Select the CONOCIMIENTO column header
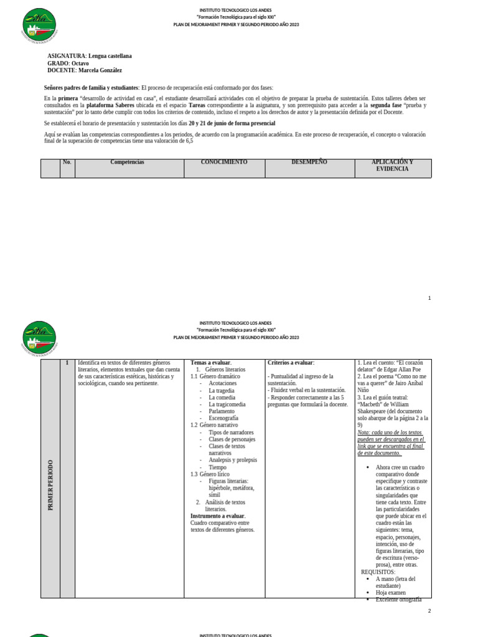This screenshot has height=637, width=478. click(x=224, y=162)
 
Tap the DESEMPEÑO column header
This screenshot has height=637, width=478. click(x=309, y=162)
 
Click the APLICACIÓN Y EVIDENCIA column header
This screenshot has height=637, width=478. click(x=392, y=165)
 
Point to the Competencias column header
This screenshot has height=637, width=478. click(x=127, y=162)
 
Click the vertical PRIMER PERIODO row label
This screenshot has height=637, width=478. click(x=50, y=485)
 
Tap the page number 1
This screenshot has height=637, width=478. click(x=429, y=298)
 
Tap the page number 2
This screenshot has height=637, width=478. click(x=429, y=611)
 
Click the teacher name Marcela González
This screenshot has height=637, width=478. click(x=100, y=71)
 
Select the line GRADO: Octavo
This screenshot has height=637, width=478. click(x=68, y=63)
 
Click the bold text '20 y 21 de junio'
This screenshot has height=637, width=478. click(x=209, y=124)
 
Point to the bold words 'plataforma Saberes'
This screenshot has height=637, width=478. click(x=109, y=106)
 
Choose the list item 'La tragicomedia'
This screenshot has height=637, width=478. click(x=227, y=404)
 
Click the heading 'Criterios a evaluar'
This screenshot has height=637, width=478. click(x=291, y=363)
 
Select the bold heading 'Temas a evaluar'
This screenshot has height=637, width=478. click(x=210, y=363)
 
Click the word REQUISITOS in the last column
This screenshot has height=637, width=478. click(x=378, y=572)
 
